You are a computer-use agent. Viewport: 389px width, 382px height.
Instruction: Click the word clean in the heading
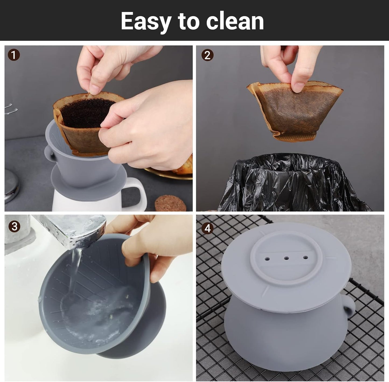[x=235, y=21]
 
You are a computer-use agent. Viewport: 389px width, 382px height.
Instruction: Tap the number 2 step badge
[x=207, y=55]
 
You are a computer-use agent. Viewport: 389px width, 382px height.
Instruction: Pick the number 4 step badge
[x=208, y=229]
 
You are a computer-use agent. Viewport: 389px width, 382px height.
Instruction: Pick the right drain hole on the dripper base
[x=305, y=257]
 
